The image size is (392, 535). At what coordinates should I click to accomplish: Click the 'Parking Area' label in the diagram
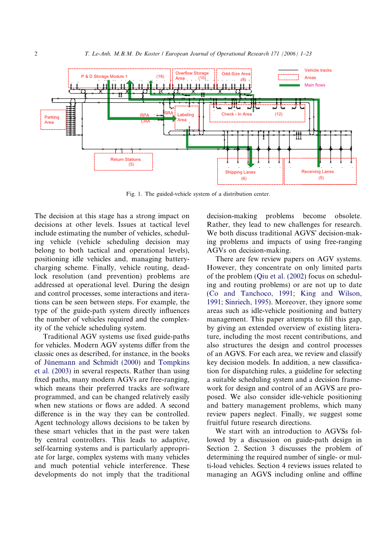51,120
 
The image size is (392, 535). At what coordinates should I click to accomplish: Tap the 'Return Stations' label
125,159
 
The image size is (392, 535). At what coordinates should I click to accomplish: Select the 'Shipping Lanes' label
240,172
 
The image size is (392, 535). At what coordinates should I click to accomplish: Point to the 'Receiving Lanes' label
317,171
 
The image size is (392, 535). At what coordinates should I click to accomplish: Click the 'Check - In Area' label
236,114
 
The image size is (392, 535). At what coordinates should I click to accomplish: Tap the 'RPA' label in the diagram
145,115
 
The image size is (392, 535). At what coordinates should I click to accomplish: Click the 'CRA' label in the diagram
145,121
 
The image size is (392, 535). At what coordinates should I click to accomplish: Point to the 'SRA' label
169,113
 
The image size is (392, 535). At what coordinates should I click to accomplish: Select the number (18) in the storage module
160,76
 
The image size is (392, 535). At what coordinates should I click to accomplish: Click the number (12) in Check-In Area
278,114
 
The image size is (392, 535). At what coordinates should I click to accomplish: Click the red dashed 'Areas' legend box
288,77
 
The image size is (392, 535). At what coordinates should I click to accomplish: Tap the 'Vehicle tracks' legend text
318,70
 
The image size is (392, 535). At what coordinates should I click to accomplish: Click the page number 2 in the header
36,54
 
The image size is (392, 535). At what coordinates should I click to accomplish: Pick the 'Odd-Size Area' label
235,74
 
